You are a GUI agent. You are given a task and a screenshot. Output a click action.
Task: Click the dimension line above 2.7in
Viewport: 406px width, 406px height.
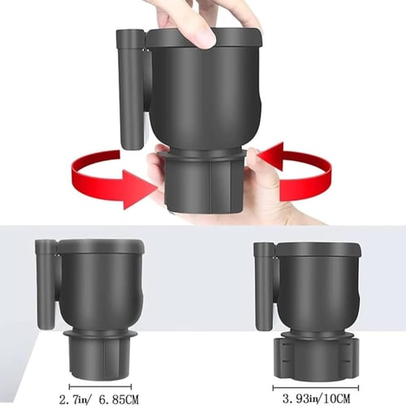click(99, 386)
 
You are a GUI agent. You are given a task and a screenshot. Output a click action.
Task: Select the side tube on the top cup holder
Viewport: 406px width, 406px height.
click(129, 89)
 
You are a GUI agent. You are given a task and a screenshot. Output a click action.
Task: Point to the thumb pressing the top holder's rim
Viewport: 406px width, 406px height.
click(201, 32)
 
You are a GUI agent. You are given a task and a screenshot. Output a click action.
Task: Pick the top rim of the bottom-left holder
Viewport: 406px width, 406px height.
click(101, 246)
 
